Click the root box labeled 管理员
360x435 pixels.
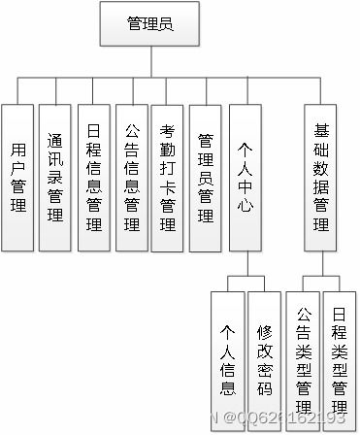pyautogui.click(x=150, y=24)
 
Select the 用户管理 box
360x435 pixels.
pyautogui.click(x=16, y=177)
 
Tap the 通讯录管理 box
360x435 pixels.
pyautogui.click(x=54, y=177)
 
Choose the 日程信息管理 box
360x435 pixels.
pyautogui.click(x=93, y=177)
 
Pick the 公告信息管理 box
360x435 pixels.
pyautogui.click(x=131, y=177)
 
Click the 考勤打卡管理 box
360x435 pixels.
pyautogui.click(x=169, y=177)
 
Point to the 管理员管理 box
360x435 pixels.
pyautogui.click(x=206, y=177)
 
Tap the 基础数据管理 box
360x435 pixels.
pyautogui.click(x=322, y=177)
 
